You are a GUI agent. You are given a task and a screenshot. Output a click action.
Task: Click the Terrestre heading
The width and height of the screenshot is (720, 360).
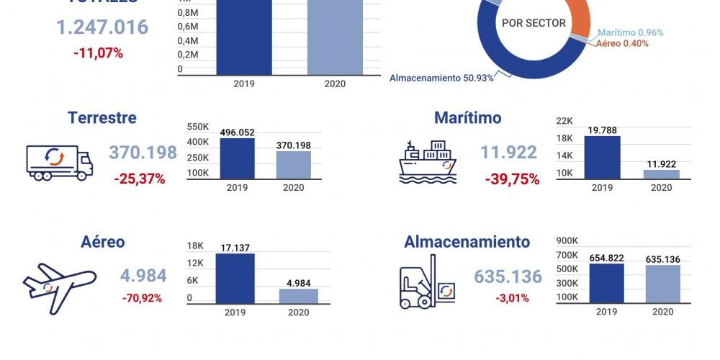coord(102,117)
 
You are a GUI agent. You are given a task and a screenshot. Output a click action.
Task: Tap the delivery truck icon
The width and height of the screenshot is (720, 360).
coord(59,163)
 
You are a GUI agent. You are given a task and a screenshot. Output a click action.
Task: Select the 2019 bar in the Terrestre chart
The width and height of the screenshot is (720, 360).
coord(237,158)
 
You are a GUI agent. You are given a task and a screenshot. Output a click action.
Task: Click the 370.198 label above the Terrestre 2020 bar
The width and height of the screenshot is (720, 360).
coord(293,145)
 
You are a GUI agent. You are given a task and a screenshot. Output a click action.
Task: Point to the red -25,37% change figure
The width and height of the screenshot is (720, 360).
coord(139,179)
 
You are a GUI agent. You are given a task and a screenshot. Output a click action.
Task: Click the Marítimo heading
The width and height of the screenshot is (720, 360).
coord(467,117)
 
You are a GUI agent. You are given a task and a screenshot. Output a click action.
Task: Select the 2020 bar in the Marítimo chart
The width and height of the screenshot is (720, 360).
coord(661,174)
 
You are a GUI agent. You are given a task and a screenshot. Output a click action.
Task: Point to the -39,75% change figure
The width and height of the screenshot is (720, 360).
coord(512,179)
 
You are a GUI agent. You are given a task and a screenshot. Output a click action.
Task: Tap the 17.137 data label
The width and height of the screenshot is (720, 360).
coord(235,248)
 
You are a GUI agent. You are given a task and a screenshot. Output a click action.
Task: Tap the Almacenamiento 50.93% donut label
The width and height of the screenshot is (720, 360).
coord(441,78)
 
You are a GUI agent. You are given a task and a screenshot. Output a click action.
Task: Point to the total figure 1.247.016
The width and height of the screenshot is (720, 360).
coord(102,27)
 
